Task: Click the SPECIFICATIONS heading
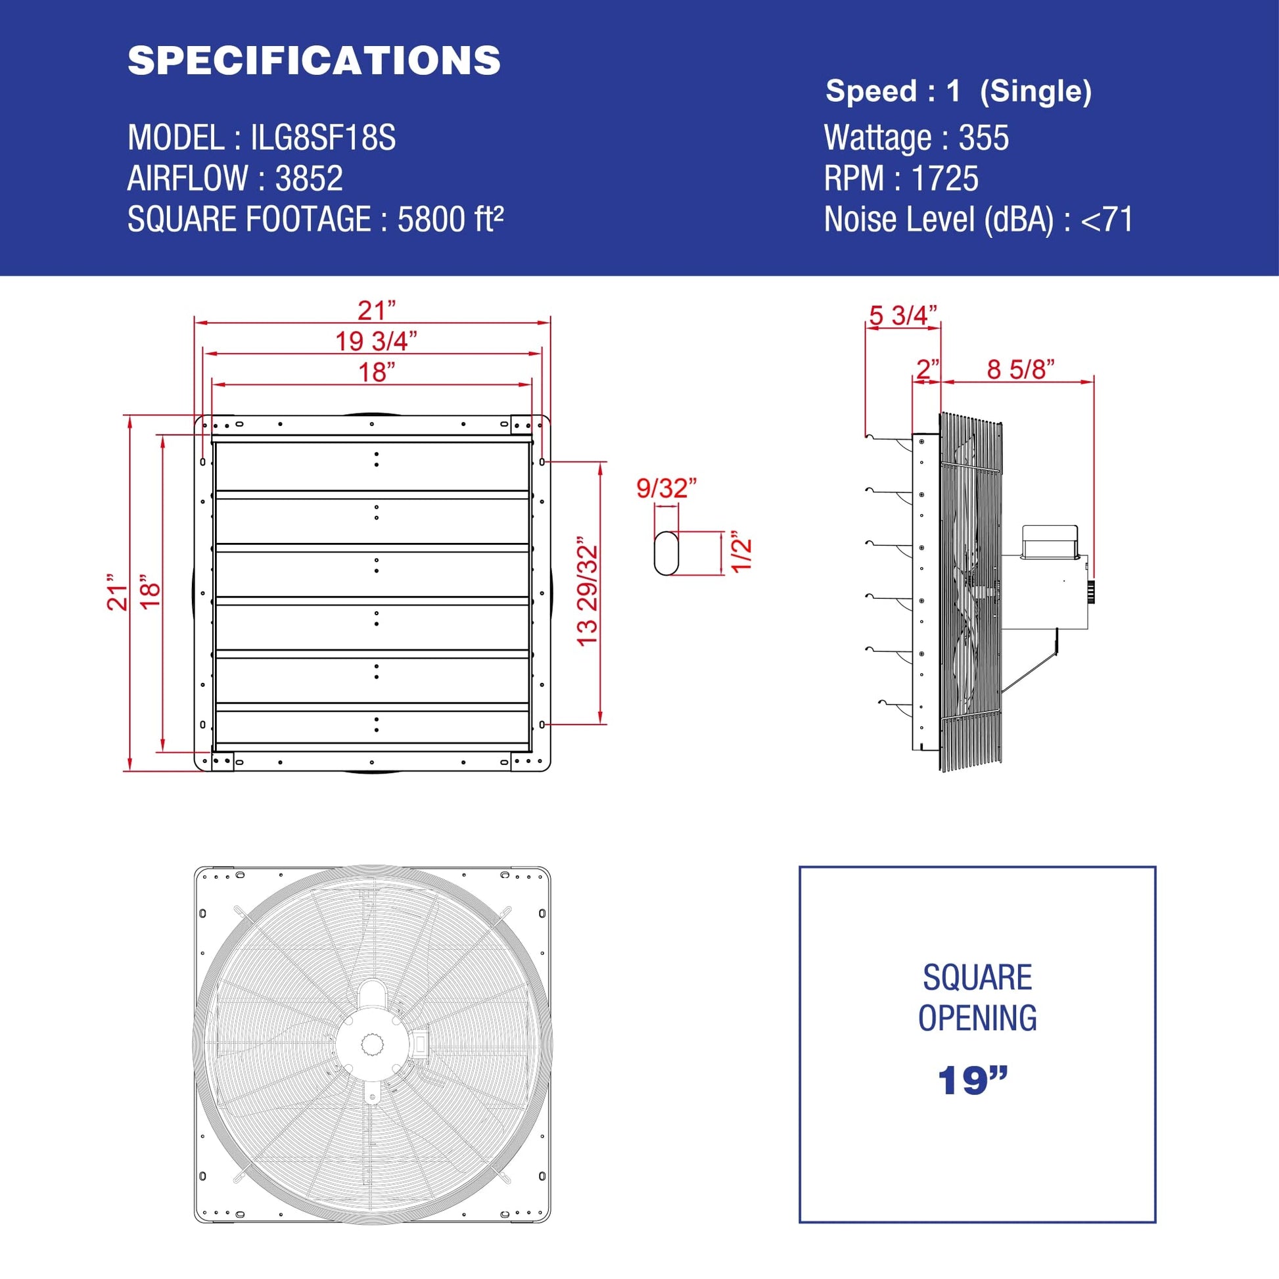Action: pos(314,60)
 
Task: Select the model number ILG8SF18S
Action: pos(323,138)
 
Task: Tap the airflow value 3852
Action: pos(309,178)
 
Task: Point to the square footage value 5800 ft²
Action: pos(450,218)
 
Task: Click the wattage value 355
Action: pos(984,138)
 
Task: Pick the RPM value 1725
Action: pos(944,178)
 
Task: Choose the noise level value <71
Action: pos(1107,219)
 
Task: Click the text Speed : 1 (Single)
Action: pos(958,91)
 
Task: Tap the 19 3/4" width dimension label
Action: pos(376,341)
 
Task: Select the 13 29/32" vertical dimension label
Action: pos(587,591)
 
